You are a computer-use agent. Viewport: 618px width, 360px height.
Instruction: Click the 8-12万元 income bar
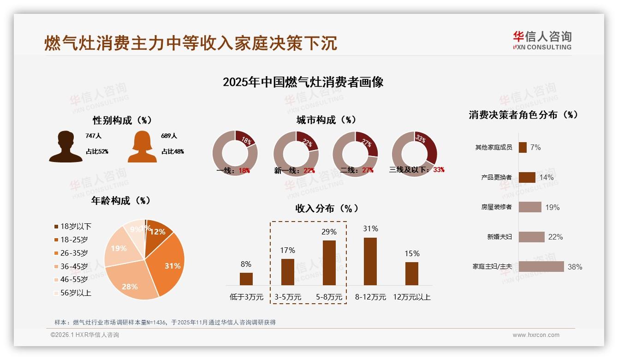[370, 261]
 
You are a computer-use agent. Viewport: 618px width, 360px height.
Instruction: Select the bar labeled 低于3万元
[246, 279]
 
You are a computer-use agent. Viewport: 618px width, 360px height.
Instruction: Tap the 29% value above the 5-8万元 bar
[329, 232]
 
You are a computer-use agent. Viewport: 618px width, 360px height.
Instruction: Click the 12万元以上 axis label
[411, 297]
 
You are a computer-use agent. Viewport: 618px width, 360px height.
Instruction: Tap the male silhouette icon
[65, 147]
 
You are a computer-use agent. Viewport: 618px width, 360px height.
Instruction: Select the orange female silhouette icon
[142, 147]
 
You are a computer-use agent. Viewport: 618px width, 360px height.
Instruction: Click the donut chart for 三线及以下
[414, 153]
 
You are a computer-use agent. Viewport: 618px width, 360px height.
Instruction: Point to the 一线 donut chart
[235, 153]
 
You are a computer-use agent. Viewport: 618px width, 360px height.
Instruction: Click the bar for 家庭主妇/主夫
[541, 266]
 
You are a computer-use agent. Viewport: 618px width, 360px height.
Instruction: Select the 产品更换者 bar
[527, 177]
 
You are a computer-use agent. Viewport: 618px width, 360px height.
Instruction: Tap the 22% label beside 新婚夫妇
[555, 237]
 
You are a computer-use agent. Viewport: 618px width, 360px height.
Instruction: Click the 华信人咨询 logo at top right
[542, 40]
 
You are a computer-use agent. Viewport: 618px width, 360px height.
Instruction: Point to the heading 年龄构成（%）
[121, 200]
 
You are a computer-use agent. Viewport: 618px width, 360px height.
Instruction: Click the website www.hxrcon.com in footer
[535, 335]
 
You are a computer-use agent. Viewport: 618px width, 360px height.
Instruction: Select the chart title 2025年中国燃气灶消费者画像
[303, 82]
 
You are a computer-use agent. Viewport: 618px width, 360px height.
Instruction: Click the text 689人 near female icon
[169, 136]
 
